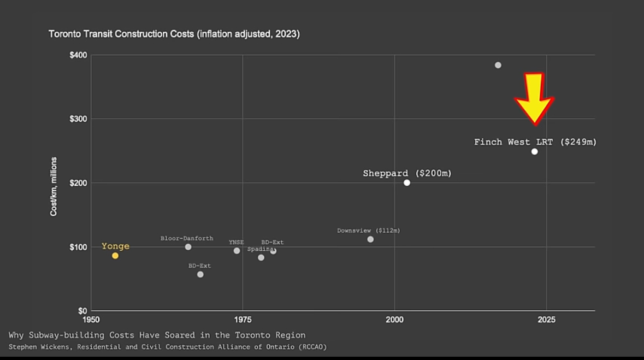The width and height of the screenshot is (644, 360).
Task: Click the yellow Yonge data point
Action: pos(115,256)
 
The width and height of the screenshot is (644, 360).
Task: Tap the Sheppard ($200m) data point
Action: pos(407,182)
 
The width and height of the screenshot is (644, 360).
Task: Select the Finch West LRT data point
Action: pos(535,151)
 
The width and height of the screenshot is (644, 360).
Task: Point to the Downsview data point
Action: pos(370,239)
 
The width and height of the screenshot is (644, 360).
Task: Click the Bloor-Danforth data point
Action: pos(188,247)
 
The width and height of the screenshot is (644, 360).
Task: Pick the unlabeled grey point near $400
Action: pos(498,65)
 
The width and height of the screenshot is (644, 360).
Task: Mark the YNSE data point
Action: pos(237,251)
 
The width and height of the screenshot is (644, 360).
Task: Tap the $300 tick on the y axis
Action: pos(79,119)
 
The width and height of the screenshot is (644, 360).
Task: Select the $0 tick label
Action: pos(82,311)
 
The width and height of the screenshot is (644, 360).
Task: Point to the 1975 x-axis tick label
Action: pos(243,320)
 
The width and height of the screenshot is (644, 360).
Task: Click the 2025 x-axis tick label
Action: pos(546,320)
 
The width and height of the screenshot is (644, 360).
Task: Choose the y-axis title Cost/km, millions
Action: pos(54,186)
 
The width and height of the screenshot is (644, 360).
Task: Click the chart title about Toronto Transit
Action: pos(174,34)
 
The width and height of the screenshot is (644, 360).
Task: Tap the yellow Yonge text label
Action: pos(115,246)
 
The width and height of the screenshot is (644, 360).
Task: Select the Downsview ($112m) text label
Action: pos(368,231)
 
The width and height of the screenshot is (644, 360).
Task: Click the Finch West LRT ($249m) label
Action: pos(535,142)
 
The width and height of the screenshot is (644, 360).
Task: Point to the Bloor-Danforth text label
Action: pos(187,239)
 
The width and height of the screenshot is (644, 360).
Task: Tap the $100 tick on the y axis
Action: pos(79,247)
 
